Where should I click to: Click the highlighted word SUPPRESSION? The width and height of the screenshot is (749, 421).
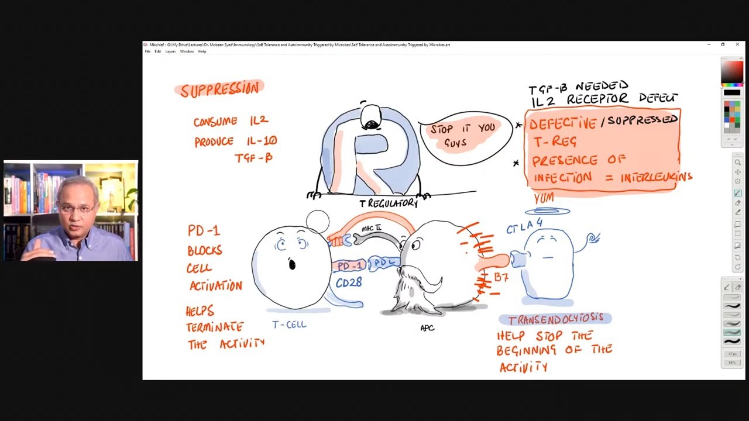point(219,89)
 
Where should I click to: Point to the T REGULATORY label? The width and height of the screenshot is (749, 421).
point(389,203)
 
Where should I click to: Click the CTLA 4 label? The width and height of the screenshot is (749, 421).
point(524,226)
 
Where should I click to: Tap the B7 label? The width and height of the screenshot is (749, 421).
point(501,277)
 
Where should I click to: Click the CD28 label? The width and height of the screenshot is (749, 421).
point(349,282)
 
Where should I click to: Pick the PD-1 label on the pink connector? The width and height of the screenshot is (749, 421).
point(349,266)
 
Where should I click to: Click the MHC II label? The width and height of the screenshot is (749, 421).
point(371,228)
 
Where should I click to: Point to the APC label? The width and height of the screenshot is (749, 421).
point(427,328)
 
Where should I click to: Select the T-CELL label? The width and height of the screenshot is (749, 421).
point(289,325)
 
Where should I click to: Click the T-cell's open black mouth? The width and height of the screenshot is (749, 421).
point(292,265)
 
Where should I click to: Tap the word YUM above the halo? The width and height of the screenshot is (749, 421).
point(544,199)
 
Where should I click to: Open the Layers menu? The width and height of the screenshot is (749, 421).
point(170,51)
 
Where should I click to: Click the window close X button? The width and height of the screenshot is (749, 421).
point(737,44)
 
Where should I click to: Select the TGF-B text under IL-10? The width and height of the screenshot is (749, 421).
point(253,158)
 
